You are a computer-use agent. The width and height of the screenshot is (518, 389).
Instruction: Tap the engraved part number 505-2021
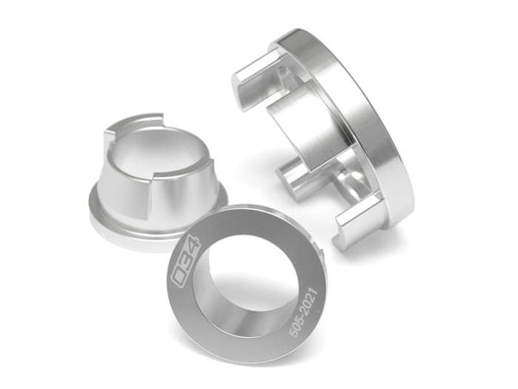click(303, 312)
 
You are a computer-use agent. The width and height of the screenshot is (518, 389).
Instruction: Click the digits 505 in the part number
click(295, 328)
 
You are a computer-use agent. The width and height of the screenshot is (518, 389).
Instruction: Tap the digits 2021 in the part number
click(309, 301)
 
